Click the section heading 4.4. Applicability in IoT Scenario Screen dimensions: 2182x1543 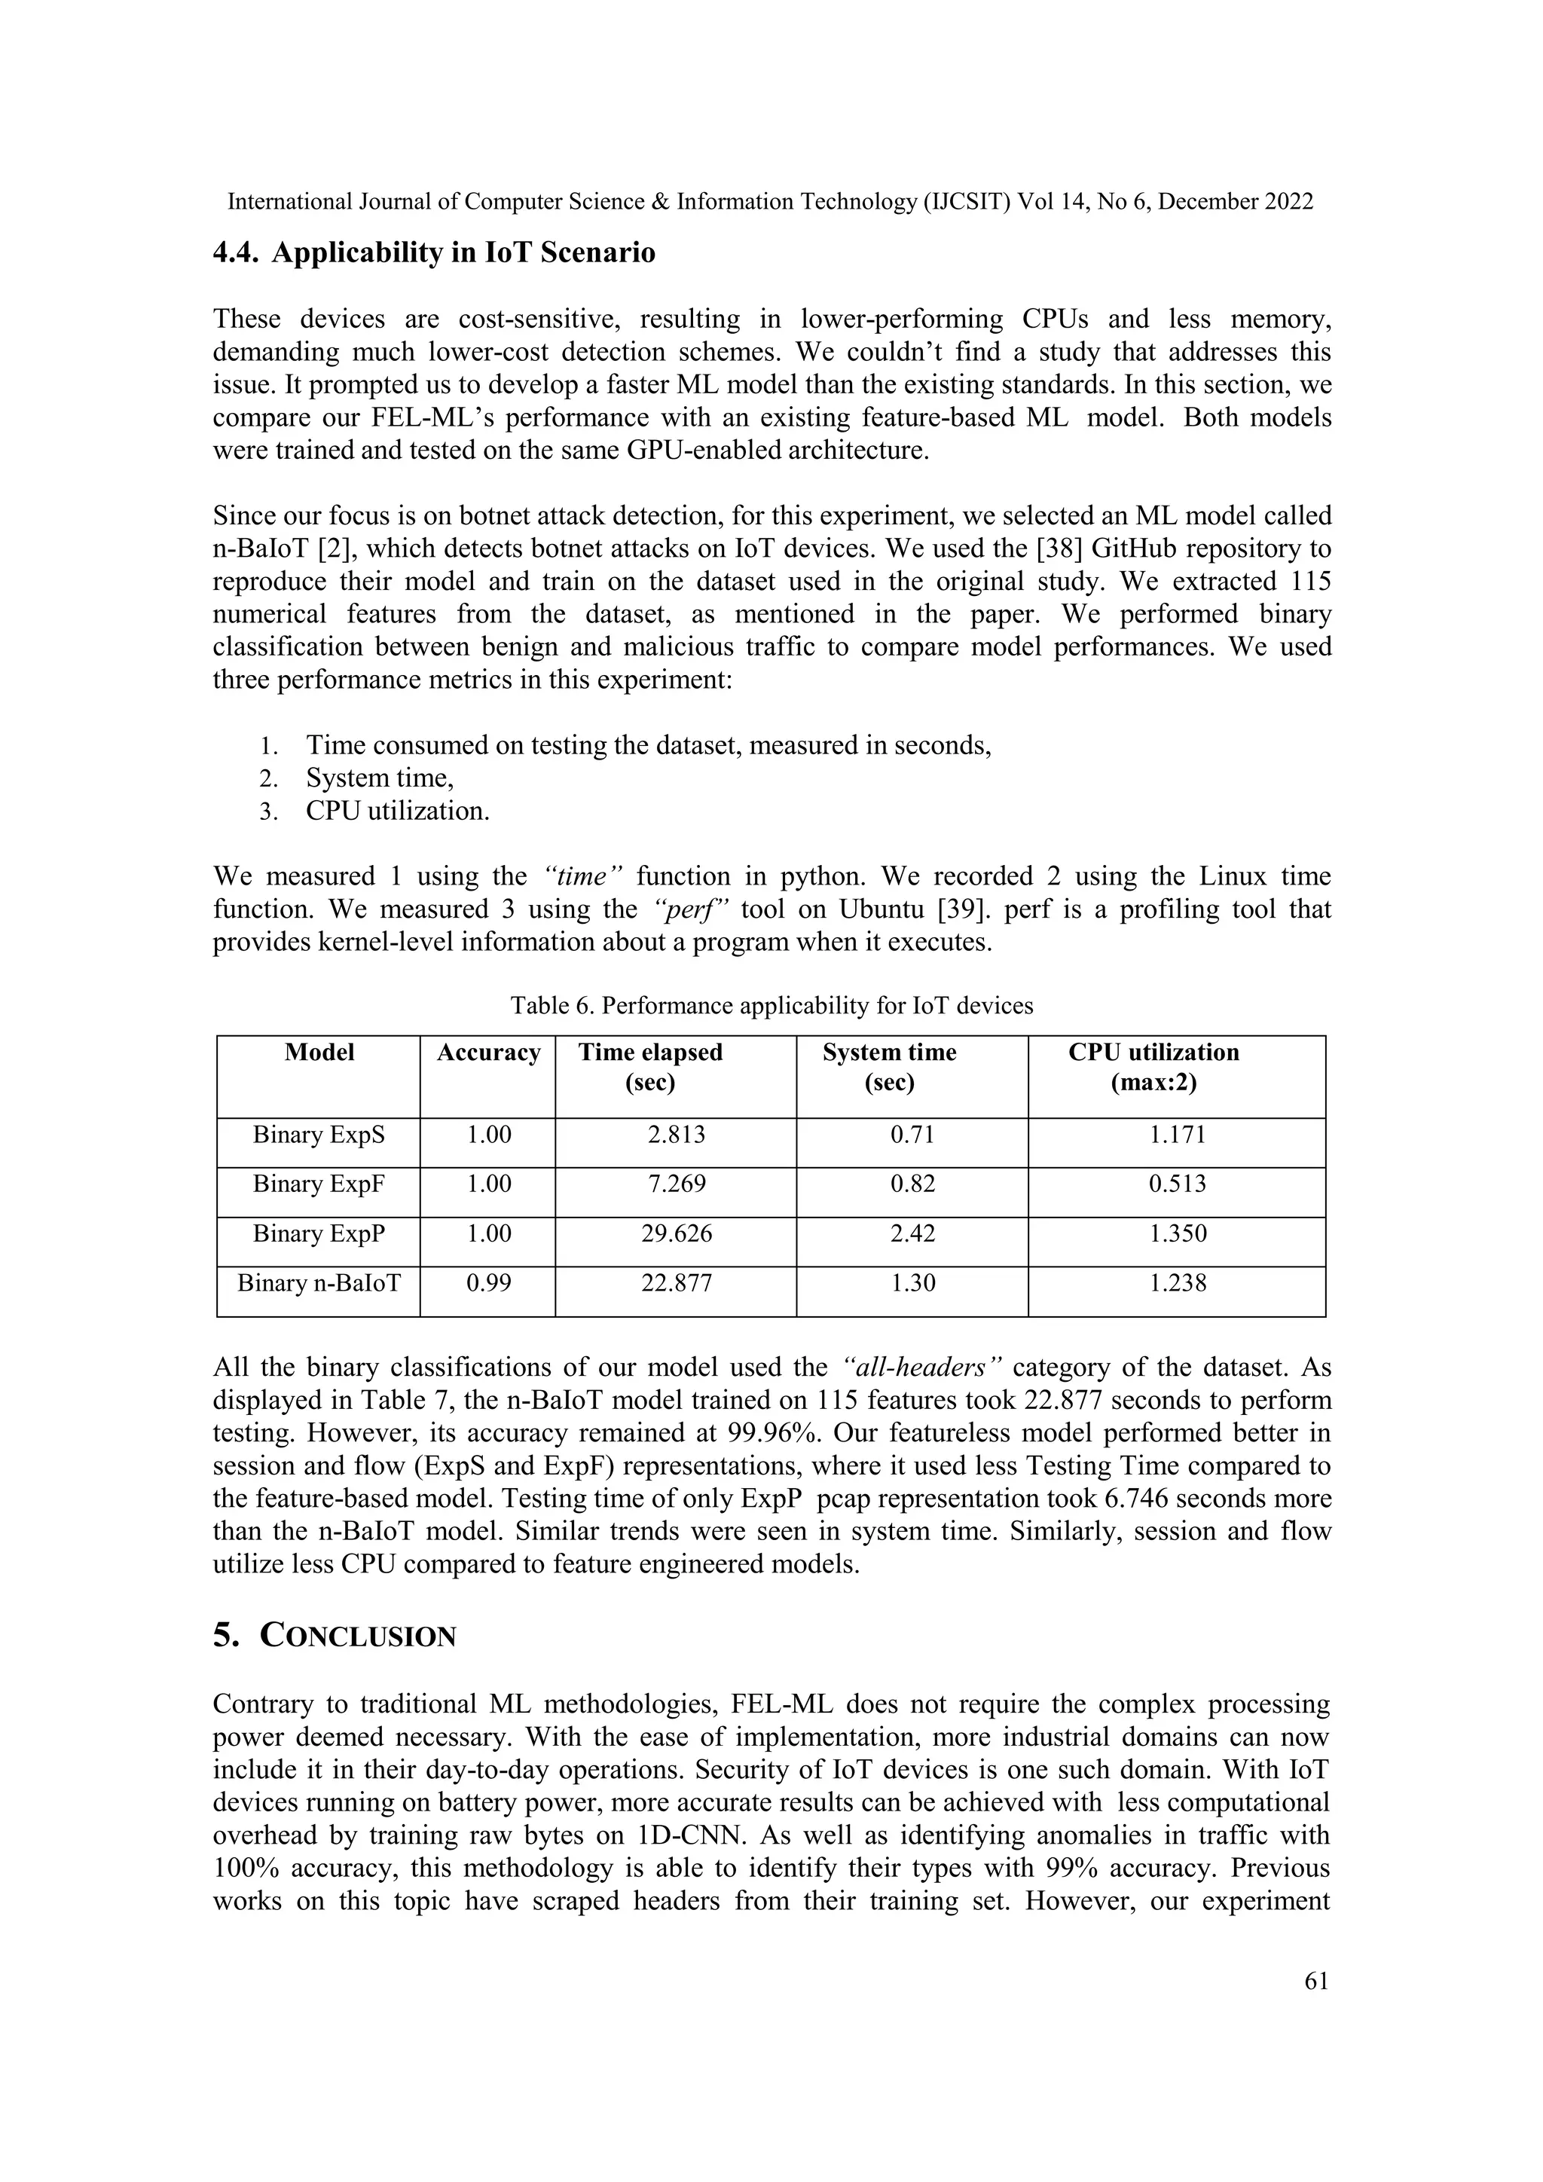pyautogui.click(x=433, y=254)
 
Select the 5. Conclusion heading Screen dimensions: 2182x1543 pyautogui.click(x=335, y=1636)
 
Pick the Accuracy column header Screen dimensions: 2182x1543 pyautogui.click(x=488, y=1053)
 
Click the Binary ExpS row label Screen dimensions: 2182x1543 pyautogui.click(x=318, y=1135)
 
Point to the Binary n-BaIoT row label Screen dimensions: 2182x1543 pyautogui.click(x=318, y=1283)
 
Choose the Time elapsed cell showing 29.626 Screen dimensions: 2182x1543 pyautogui.click(x=676, y=1233)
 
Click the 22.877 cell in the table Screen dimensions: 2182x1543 pyautogui.click(x=676, y=1283)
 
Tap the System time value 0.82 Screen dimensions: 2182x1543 pyautogui.click(x=912, y=1184)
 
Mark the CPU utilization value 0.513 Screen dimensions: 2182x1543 pyautogui.click(x=1177, y=1184)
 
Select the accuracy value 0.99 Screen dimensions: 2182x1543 pyautogui.click(x=488, y=1283)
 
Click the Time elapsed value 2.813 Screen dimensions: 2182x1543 pyautogui.click(x=676, y=1135)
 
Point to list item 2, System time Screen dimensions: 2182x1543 pyautogui.click(x=379, y=778)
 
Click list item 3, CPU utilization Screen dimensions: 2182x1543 pyautogui.click(x=397, y=811)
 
